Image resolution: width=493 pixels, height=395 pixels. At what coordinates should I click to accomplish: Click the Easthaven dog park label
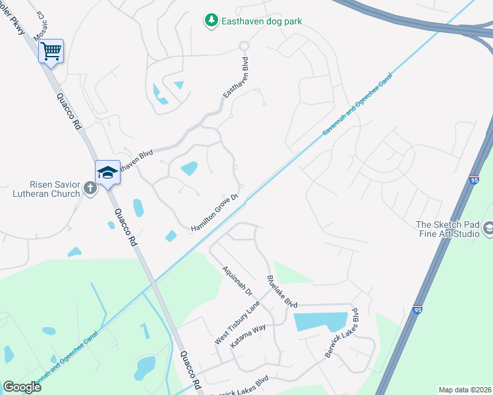pyautogui.click(x=262, y=21)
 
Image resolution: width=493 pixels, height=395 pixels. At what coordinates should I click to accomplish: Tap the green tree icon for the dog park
pyautogui.click(x=211, y=21)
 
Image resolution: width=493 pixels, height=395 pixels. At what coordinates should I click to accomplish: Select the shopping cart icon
pyautogui.click(x=51, y=50)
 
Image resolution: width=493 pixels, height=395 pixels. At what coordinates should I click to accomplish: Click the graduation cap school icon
pyautogui.click(x=107, y=172)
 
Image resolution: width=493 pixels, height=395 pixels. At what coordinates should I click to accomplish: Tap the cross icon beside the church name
pyautogui.click(x=90, y=189)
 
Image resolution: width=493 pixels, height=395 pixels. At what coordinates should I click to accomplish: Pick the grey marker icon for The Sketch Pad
pyautogui.click(x=488, y=228)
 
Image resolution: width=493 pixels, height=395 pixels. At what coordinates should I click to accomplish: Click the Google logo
pyautogui.click(x=22, y=387)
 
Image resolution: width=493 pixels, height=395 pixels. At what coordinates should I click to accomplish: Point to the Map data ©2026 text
pyautogui.click(x=465, y=390)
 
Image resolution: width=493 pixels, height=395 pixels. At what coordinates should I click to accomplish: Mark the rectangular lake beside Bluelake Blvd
pyautogui.click(x=320, y=321)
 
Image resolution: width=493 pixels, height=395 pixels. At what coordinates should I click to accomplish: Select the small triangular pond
pyautogui.click(x=179, y=84)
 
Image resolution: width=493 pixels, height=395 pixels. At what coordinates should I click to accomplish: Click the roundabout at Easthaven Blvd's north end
pyautogui.click(x=243, y=45)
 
